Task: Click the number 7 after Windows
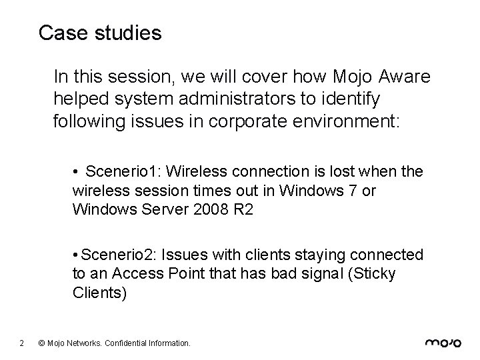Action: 352,191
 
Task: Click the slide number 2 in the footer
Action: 22,343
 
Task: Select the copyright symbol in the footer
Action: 42,343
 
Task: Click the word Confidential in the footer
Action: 129,343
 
